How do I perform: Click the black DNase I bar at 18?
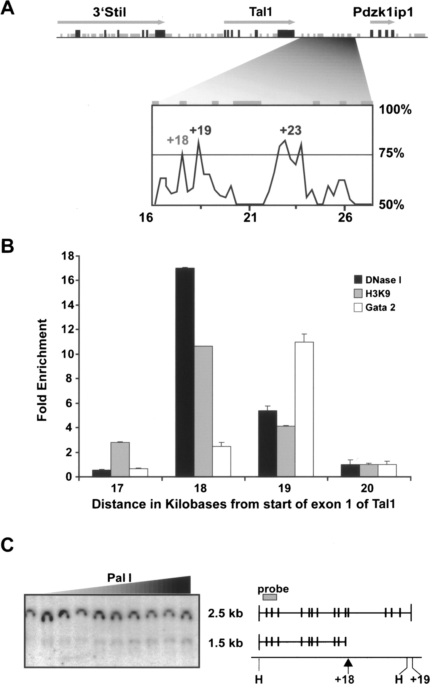(x=185, y=372)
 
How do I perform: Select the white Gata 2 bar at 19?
(x=304, y=409)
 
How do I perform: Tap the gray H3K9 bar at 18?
(x=204, y=411)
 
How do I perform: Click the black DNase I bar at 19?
(x=268, y=443)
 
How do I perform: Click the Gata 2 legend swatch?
(x=358, y=307)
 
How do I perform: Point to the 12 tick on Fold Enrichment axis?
(x=76, y=329)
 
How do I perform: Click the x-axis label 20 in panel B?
(x=368, y=488)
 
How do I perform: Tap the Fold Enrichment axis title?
(x=42, y=370)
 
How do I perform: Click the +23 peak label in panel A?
(x=290, y=130)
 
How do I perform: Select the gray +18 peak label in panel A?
(x=178, y=140)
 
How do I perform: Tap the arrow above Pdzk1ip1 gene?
(x=382, y=22)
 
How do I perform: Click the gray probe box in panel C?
(x=270, y=597)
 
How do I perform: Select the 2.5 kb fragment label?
(x=226, y=613)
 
